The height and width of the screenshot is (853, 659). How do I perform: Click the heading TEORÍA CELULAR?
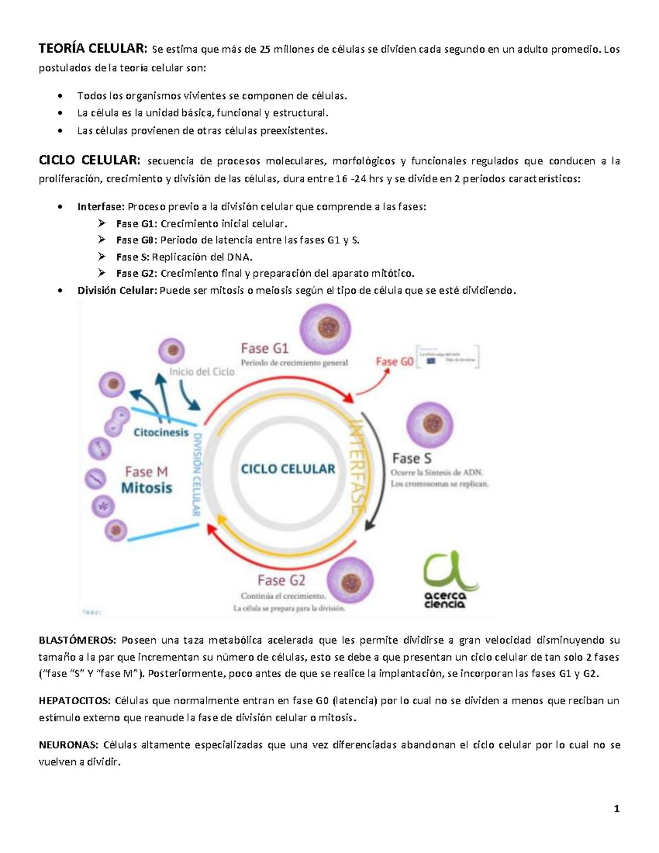click(x=92, y=49)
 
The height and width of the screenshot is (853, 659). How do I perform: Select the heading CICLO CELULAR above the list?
click(x=89, y=160)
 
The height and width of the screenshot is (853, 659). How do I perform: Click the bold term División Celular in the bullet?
click(x=117, y=290)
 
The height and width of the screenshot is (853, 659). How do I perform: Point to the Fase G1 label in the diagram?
click(x=264, y=349)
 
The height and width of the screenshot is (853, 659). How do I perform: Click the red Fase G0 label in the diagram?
click(x=394, y=361)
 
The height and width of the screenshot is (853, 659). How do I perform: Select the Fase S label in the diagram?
click(x=411, y=459)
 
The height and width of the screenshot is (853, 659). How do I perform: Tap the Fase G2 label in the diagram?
click(x=281, y=580)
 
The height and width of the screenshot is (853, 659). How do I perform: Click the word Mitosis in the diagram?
click(x=147, y=488)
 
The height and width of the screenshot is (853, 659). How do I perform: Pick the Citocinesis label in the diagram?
click(x=161, y=432)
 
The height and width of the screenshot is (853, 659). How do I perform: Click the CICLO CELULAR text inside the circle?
click(x=288, y=469)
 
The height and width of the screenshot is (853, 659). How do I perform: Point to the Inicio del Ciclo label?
click(x=202, y=372)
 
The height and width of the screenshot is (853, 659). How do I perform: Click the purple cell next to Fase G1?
click(x=325, y=328)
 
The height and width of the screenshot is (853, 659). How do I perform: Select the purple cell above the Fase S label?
click(x=429, y=425)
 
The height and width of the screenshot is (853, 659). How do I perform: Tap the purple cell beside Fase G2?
click(x=350, y=581)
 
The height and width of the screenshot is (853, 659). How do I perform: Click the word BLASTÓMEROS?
click(x=77, y=640)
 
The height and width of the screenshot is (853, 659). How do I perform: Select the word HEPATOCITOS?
click(x=75, y=700)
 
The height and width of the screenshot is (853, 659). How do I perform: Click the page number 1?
click(x=617, y=808)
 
